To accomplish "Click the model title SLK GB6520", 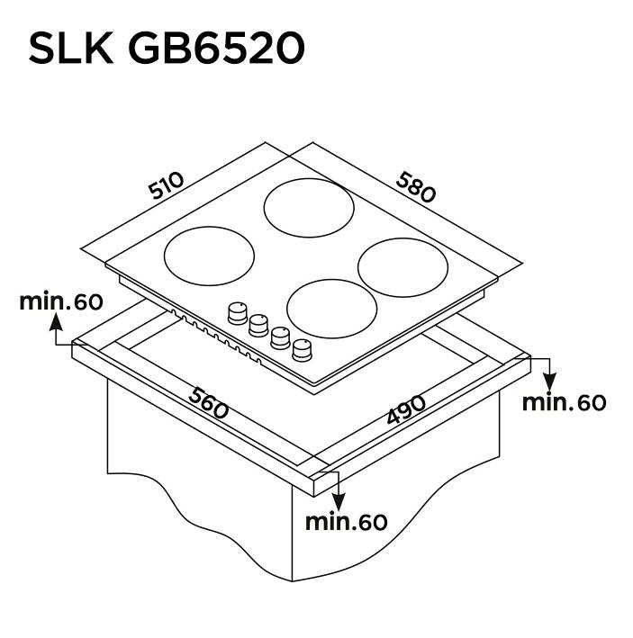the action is point(167,48).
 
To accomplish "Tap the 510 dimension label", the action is point(166,185).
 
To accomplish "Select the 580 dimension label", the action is point(416,187).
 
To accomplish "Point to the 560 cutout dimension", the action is point(208,403).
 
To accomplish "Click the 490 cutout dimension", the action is point(406,409).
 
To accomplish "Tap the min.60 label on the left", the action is point(61,301).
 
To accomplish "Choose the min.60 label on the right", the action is point(564,402).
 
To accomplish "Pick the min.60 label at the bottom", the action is point(347,522).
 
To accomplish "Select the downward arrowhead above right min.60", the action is point(550,382).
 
